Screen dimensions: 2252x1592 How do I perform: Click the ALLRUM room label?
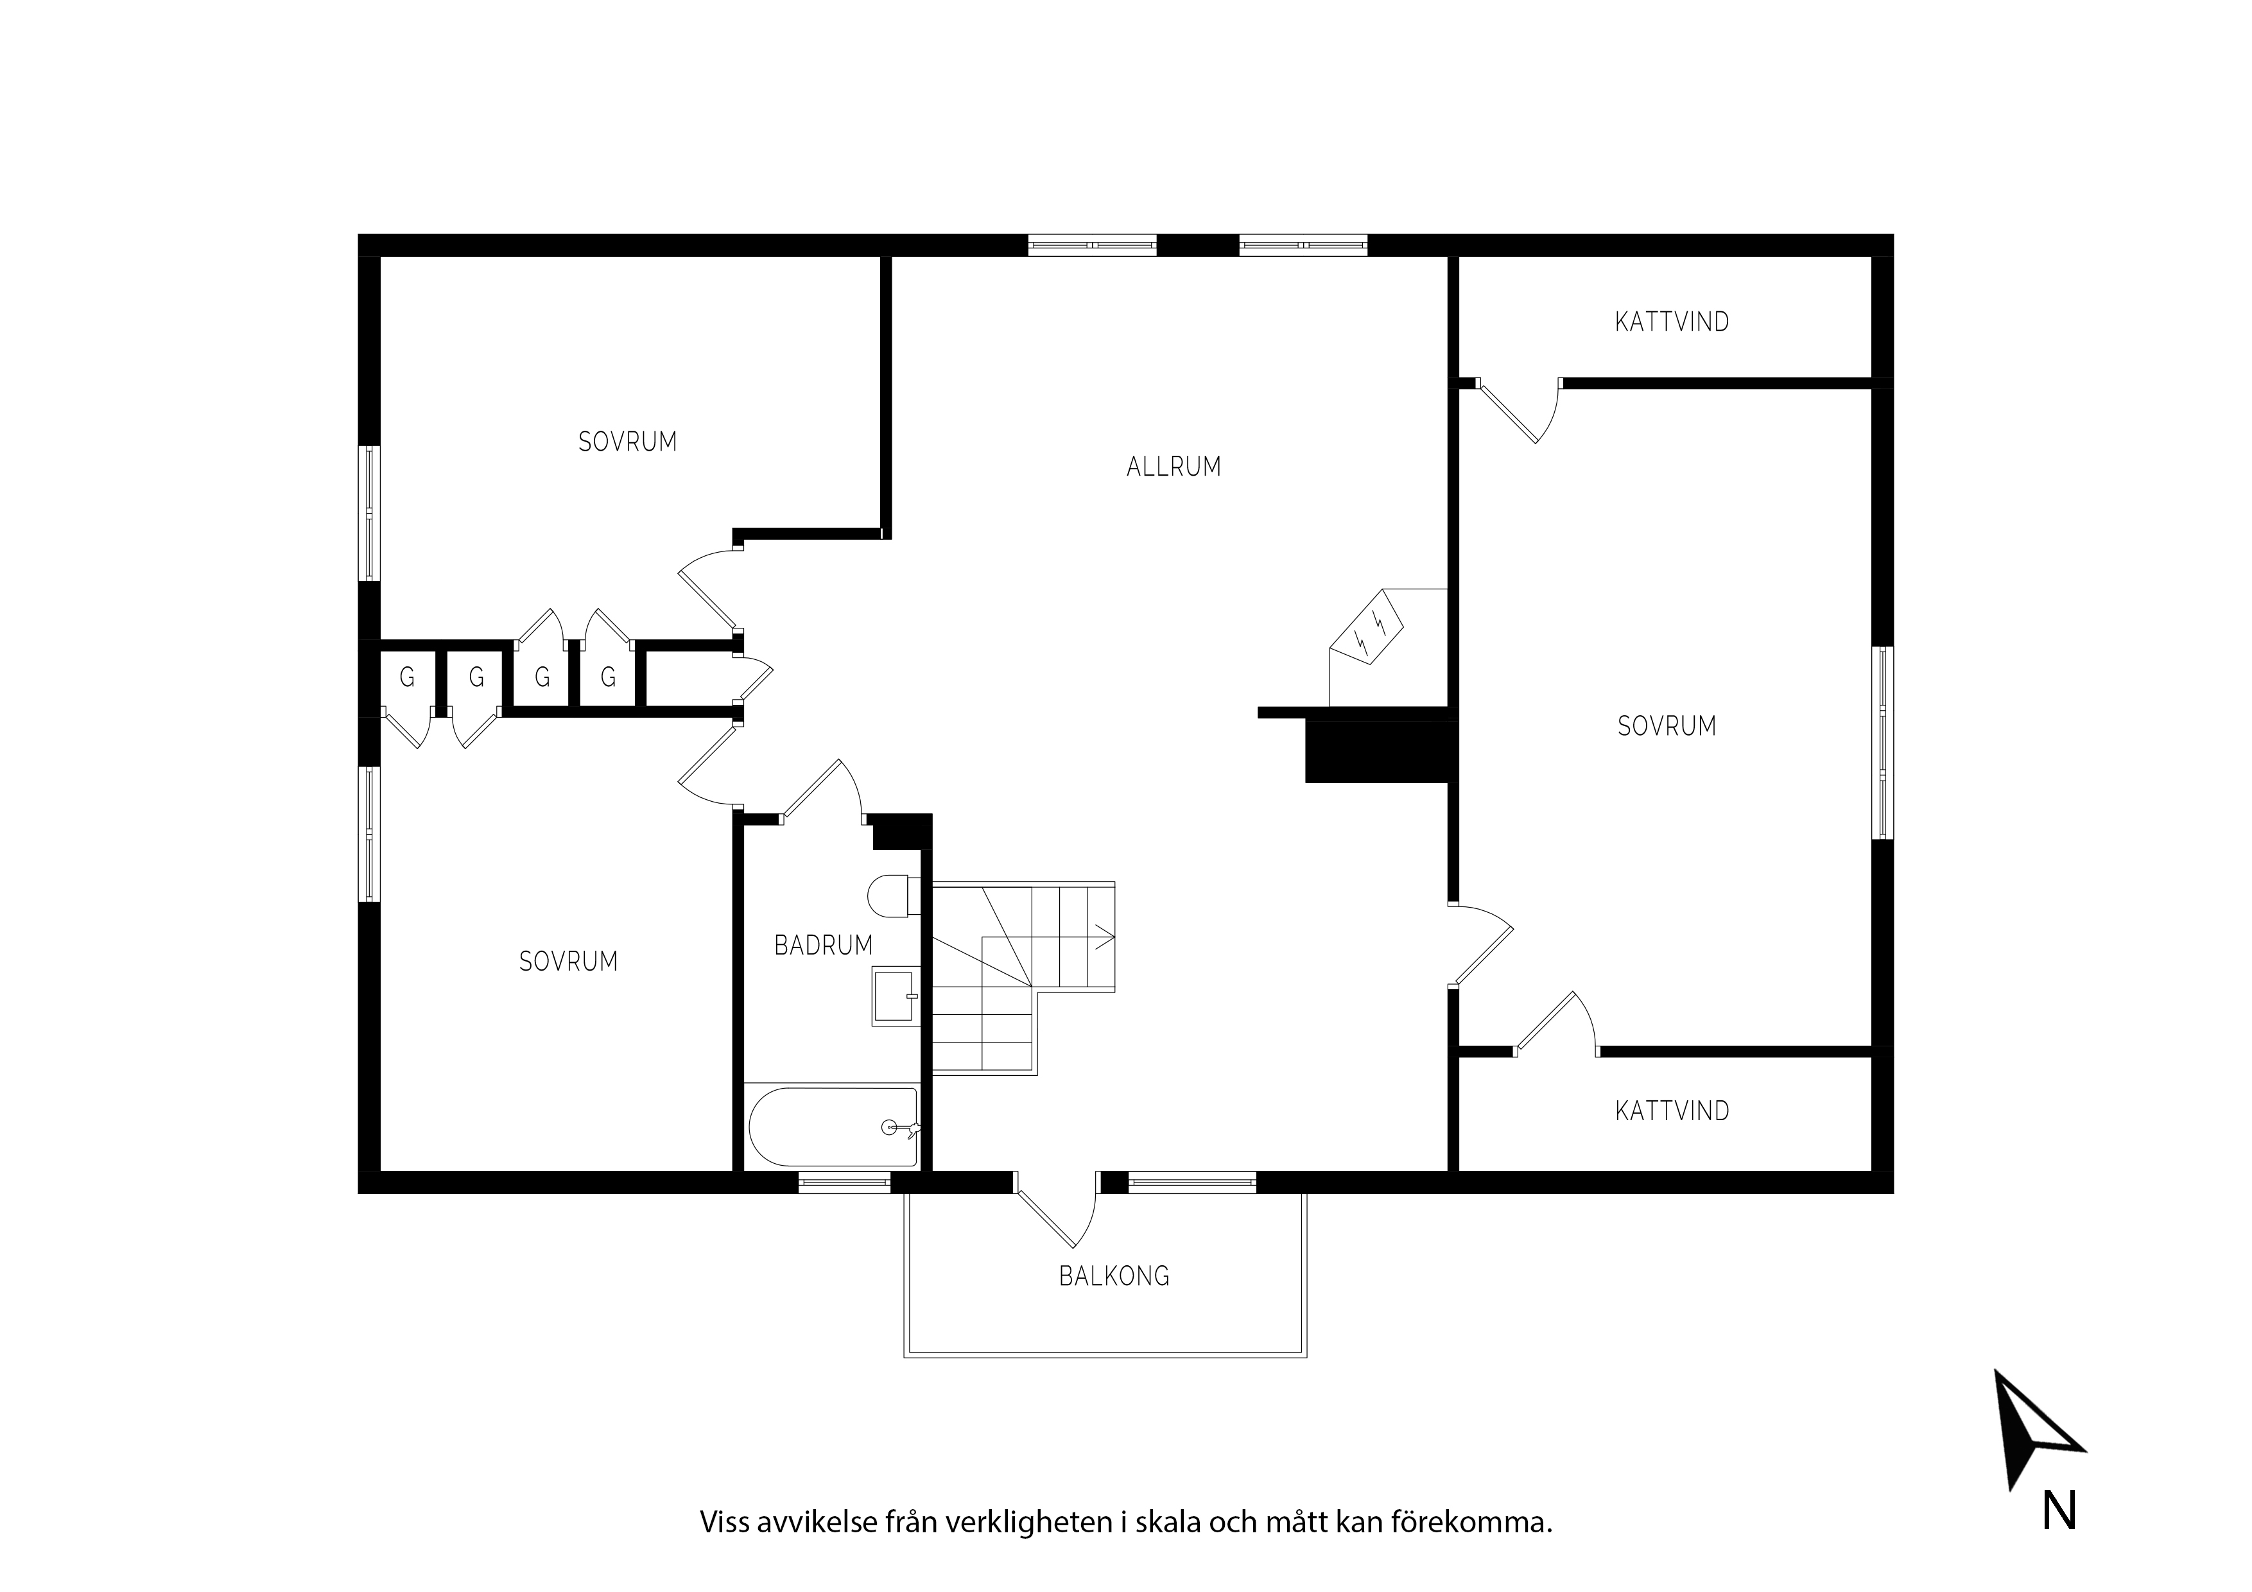(1174, 467)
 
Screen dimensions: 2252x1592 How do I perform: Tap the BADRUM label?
(823, 946)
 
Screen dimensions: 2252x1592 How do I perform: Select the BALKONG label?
(1114, 1276)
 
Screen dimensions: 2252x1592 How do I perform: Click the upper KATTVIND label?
(1672, 322)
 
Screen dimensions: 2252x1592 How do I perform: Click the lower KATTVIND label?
(1672, 1111)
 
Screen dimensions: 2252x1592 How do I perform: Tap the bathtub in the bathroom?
(834, 1127)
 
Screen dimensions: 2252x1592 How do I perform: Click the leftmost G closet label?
(407, 677)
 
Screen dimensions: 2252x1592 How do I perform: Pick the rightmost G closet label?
(608, 677)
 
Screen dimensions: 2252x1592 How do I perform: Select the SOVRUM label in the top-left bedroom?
(628, 442)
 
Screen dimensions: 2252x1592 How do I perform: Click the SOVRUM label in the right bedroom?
(1667, 726)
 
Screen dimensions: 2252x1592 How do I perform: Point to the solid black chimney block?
(1378, 751)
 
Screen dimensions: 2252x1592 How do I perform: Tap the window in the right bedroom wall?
(1884, 743)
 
